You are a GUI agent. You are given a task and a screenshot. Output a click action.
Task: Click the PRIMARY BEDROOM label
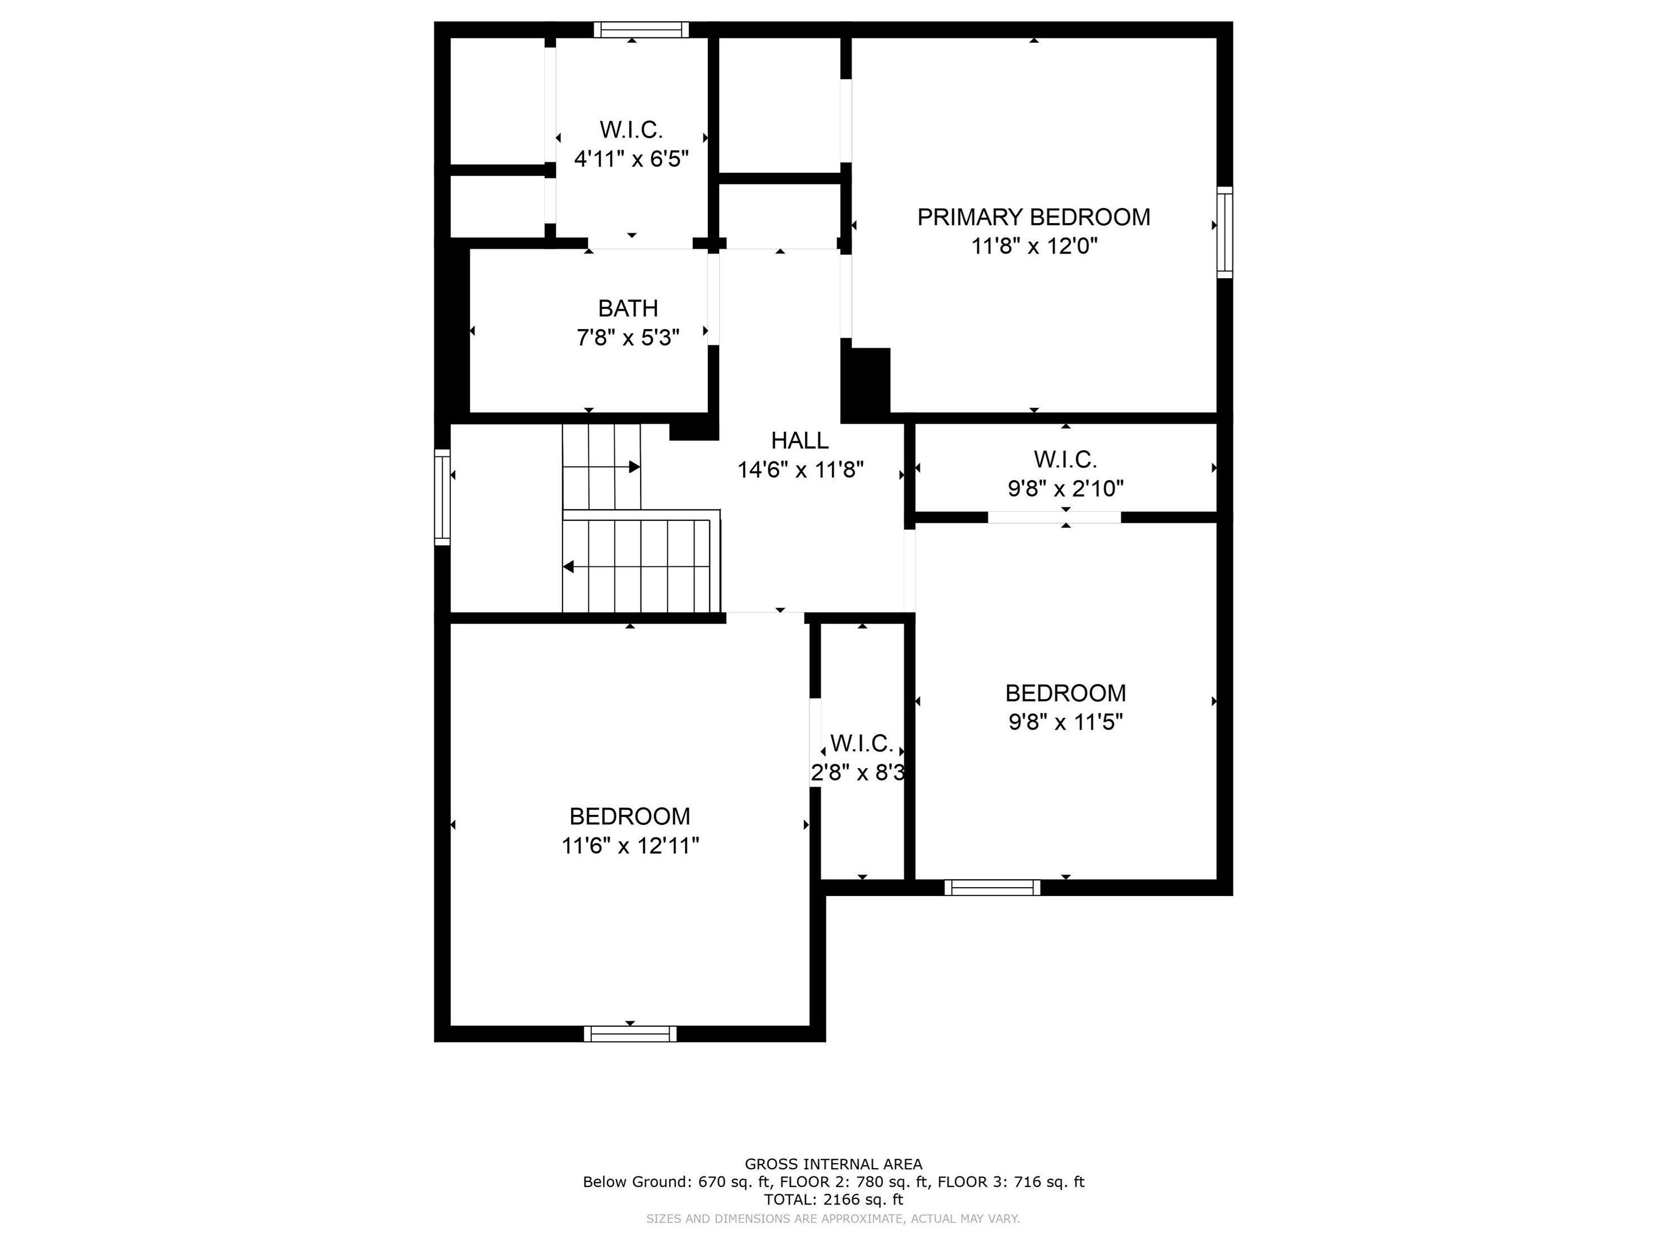point(1033,217)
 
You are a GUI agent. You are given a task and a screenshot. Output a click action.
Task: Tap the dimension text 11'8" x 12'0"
point(1034,246)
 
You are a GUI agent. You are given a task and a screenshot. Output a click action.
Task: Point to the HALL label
point(800,440)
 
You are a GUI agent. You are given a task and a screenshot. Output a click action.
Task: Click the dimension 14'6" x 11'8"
point(800,470)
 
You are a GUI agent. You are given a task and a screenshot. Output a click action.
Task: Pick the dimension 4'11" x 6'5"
point(632,159)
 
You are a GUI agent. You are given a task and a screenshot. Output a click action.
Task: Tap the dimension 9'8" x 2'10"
point(1066,489)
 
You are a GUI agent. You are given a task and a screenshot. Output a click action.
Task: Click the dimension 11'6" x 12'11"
point(630,846)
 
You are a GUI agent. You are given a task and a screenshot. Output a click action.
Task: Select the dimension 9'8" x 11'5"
point(1066,722)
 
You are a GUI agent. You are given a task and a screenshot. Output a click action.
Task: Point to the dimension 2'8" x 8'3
point(858,773)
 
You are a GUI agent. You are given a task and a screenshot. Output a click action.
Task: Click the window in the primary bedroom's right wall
point(1224,233)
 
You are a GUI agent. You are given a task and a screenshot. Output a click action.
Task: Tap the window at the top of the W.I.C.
point(641,29)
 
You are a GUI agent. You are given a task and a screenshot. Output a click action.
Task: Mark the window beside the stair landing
point(443,497)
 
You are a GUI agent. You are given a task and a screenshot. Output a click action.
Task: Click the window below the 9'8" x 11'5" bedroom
point(992,888)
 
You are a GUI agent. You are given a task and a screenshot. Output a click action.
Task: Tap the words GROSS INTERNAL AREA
point(833,1164)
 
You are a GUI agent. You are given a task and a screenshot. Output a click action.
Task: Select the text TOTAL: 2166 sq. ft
point(833,1199)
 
